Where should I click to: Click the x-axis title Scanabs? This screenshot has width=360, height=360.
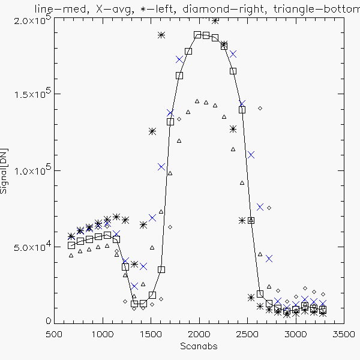point(197,347)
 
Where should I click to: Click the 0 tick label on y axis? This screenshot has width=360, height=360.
point(48,322)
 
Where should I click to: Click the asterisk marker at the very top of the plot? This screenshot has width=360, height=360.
point(215,20)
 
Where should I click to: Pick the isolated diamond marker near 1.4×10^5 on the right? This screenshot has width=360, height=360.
point(260,108)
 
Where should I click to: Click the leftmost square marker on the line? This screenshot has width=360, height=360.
point(71,245)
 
